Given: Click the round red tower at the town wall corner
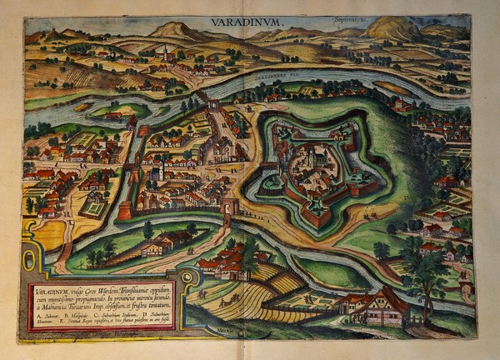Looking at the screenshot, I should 123,211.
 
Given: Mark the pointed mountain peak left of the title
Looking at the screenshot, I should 174,30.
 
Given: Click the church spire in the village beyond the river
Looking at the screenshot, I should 165,53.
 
